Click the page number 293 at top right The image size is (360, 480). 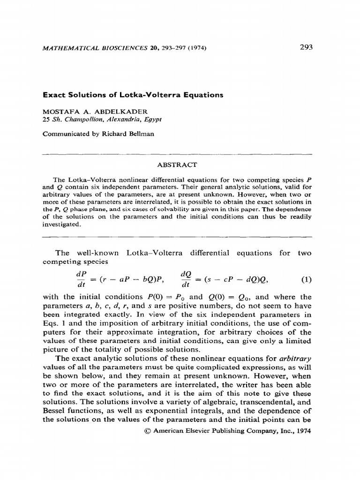(x=305, y=47)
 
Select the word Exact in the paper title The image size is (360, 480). (x=54, y=95)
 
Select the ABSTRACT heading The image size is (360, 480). (x=178, y=165)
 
